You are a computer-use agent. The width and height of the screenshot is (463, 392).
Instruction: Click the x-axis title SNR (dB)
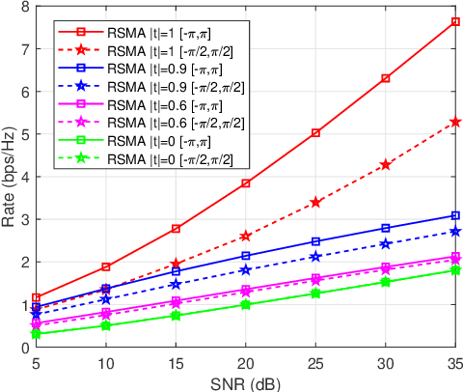[x=246, y=381]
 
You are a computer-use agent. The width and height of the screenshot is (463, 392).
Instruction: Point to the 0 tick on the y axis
[x=24, y=348]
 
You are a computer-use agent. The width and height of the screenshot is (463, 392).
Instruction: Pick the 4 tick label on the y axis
[x=24, y=177]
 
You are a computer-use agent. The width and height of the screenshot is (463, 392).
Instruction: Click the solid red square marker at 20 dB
[x=246, y=182]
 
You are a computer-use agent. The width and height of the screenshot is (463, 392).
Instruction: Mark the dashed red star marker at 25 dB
[x=315, y=202]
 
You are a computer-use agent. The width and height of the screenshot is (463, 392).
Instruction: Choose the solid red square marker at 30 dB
[x=386, y=77]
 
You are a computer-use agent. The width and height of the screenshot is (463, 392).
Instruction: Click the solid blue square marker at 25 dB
[x=315, y=241]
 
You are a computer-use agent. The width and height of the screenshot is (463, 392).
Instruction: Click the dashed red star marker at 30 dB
[x=386, y=164]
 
